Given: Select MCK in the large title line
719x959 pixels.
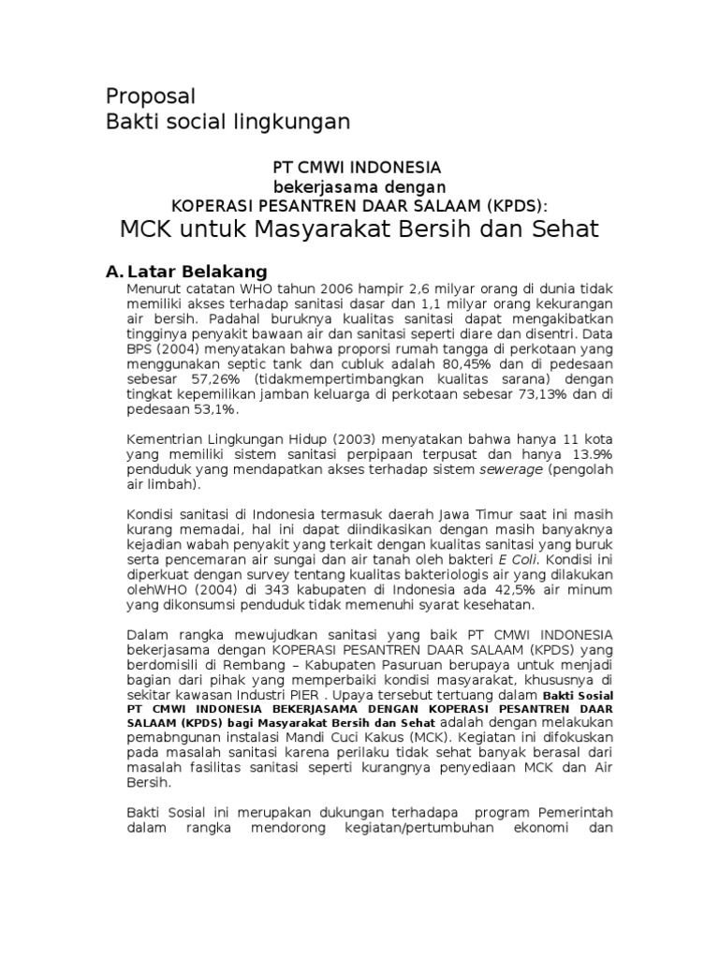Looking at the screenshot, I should point(147,229).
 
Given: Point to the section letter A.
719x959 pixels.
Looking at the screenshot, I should point(112,272).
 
